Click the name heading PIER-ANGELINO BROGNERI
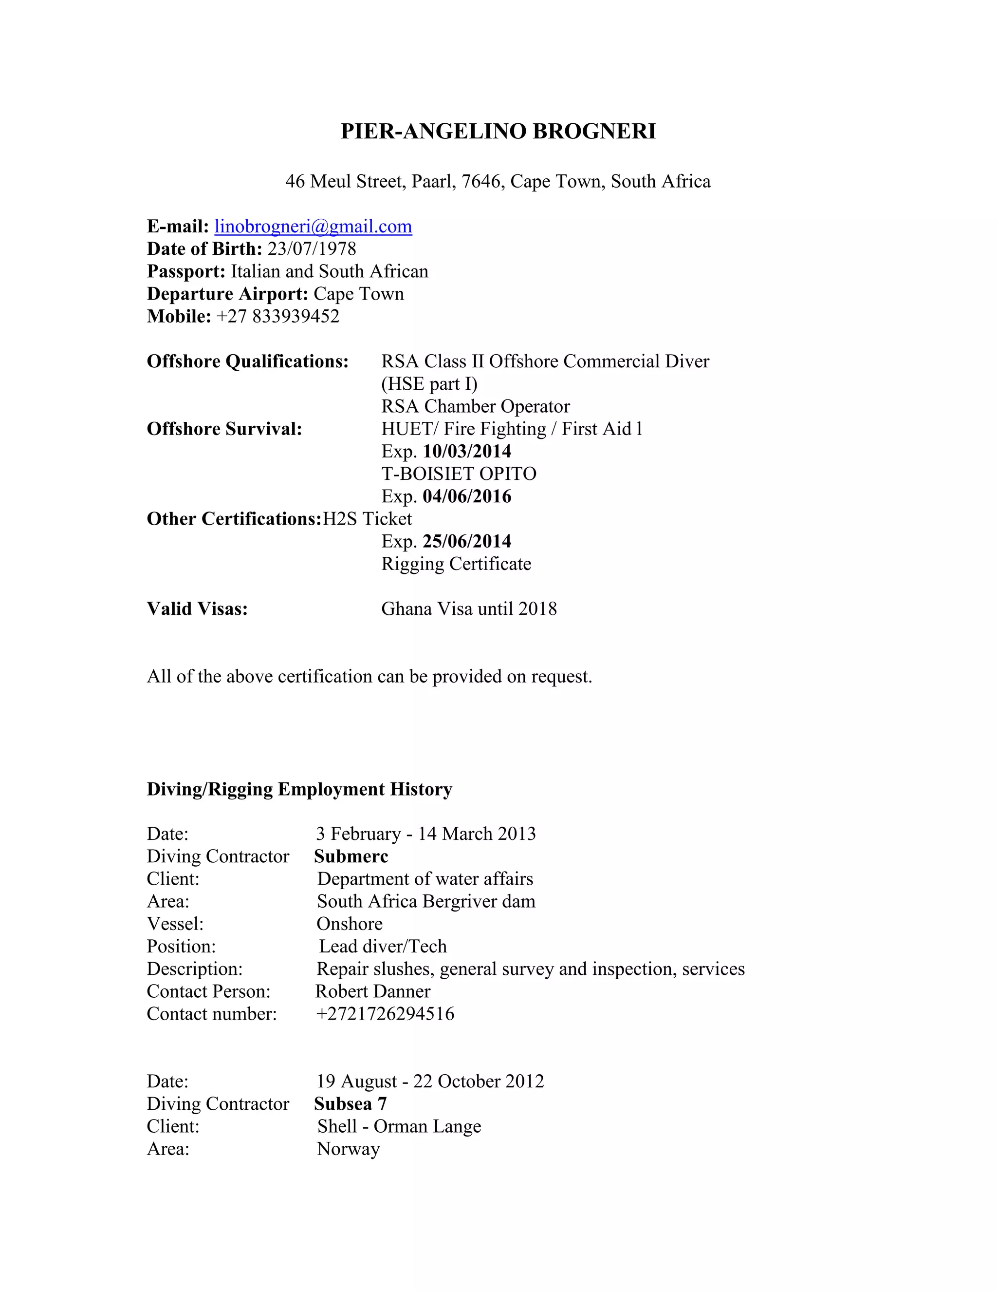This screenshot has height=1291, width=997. (x=498, y=131)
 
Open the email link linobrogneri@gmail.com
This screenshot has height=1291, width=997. (x=313, y=227)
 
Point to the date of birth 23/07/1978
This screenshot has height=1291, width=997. (x=312, y=249)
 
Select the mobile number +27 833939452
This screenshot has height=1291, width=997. (x=278, y=316)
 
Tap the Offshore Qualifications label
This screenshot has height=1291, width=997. (x=247, y=361)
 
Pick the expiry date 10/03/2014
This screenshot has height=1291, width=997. (x=466, y=452)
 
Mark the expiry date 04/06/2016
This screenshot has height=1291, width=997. (x=466, y=496)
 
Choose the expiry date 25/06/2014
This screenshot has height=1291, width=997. (x=466, y=541)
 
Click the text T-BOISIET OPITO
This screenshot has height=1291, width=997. (x=458, y=474)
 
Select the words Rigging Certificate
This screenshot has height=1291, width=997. (x=456, y=564)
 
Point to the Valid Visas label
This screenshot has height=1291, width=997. (x=197, y=609)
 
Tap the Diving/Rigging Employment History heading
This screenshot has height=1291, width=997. (x=299, y=789)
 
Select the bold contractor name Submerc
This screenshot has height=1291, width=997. (x=351, y=856)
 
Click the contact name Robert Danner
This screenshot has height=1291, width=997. (x=373, y=991)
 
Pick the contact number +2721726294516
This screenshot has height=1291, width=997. (x=385, y=1014)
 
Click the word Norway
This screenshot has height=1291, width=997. (x=348, y=1149)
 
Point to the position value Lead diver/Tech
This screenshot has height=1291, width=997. (x=383, y=947)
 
